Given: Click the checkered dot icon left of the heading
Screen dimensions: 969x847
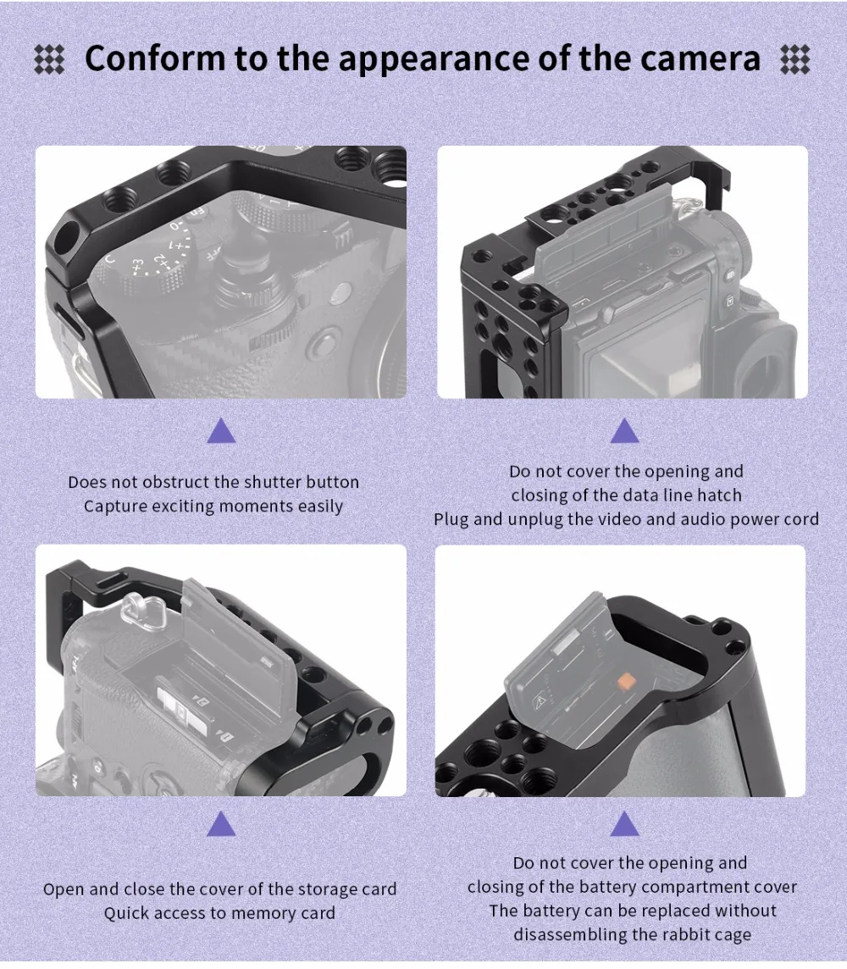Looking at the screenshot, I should click(x=49, y=59).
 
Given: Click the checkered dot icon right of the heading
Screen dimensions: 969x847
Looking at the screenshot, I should click(x=794, y=59).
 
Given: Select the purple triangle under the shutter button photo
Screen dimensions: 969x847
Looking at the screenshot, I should click(x=221, y=431).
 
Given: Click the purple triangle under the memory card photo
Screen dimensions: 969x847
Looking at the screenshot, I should click(x=221, y=823).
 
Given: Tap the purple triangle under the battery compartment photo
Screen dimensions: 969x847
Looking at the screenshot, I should click(x=625, y=823).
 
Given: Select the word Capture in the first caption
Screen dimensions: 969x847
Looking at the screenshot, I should click(x=115, y=507).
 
